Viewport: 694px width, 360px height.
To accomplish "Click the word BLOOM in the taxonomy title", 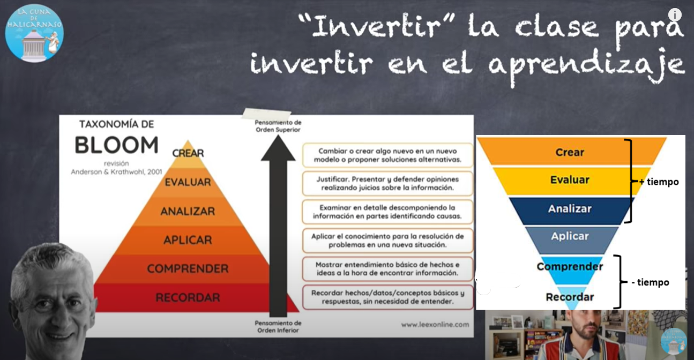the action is [x=116, y=145].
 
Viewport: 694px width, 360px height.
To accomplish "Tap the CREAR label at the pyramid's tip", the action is [x=188, y=153].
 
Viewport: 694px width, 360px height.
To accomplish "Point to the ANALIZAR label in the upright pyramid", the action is [x=188, y=211].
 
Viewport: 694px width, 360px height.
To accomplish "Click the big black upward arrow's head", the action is [x=278, y=149].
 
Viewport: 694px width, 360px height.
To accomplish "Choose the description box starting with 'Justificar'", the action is [x=387, y=183].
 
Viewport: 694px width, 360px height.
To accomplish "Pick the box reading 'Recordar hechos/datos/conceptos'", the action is [x=387, y=297].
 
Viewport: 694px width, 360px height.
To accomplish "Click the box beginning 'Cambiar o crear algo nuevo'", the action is [x=387, y=155].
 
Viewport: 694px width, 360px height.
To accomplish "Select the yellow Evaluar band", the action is [x=571, y=181].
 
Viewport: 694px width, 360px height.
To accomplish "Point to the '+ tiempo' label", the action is [x=659, y=182].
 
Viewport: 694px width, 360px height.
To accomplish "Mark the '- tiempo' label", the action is [x=650, y=282].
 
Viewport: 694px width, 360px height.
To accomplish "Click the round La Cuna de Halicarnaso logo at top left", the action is [x=34, y=33].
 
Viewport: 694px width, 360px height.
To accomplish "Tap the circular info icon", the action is [x=675, y=14].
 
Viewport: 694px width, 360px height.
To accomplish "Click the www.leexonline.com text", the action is [x=435, y=324].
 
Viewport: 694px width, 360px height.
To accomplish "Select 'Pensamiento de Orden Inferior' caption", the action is [x=278, y=327].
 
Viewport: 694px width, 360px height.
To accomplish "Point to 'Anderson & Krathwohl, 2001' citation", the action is [x=116, y=172].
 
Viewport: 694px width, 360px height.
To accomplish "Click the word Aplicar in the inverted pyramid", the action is [x=570, y=236].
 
